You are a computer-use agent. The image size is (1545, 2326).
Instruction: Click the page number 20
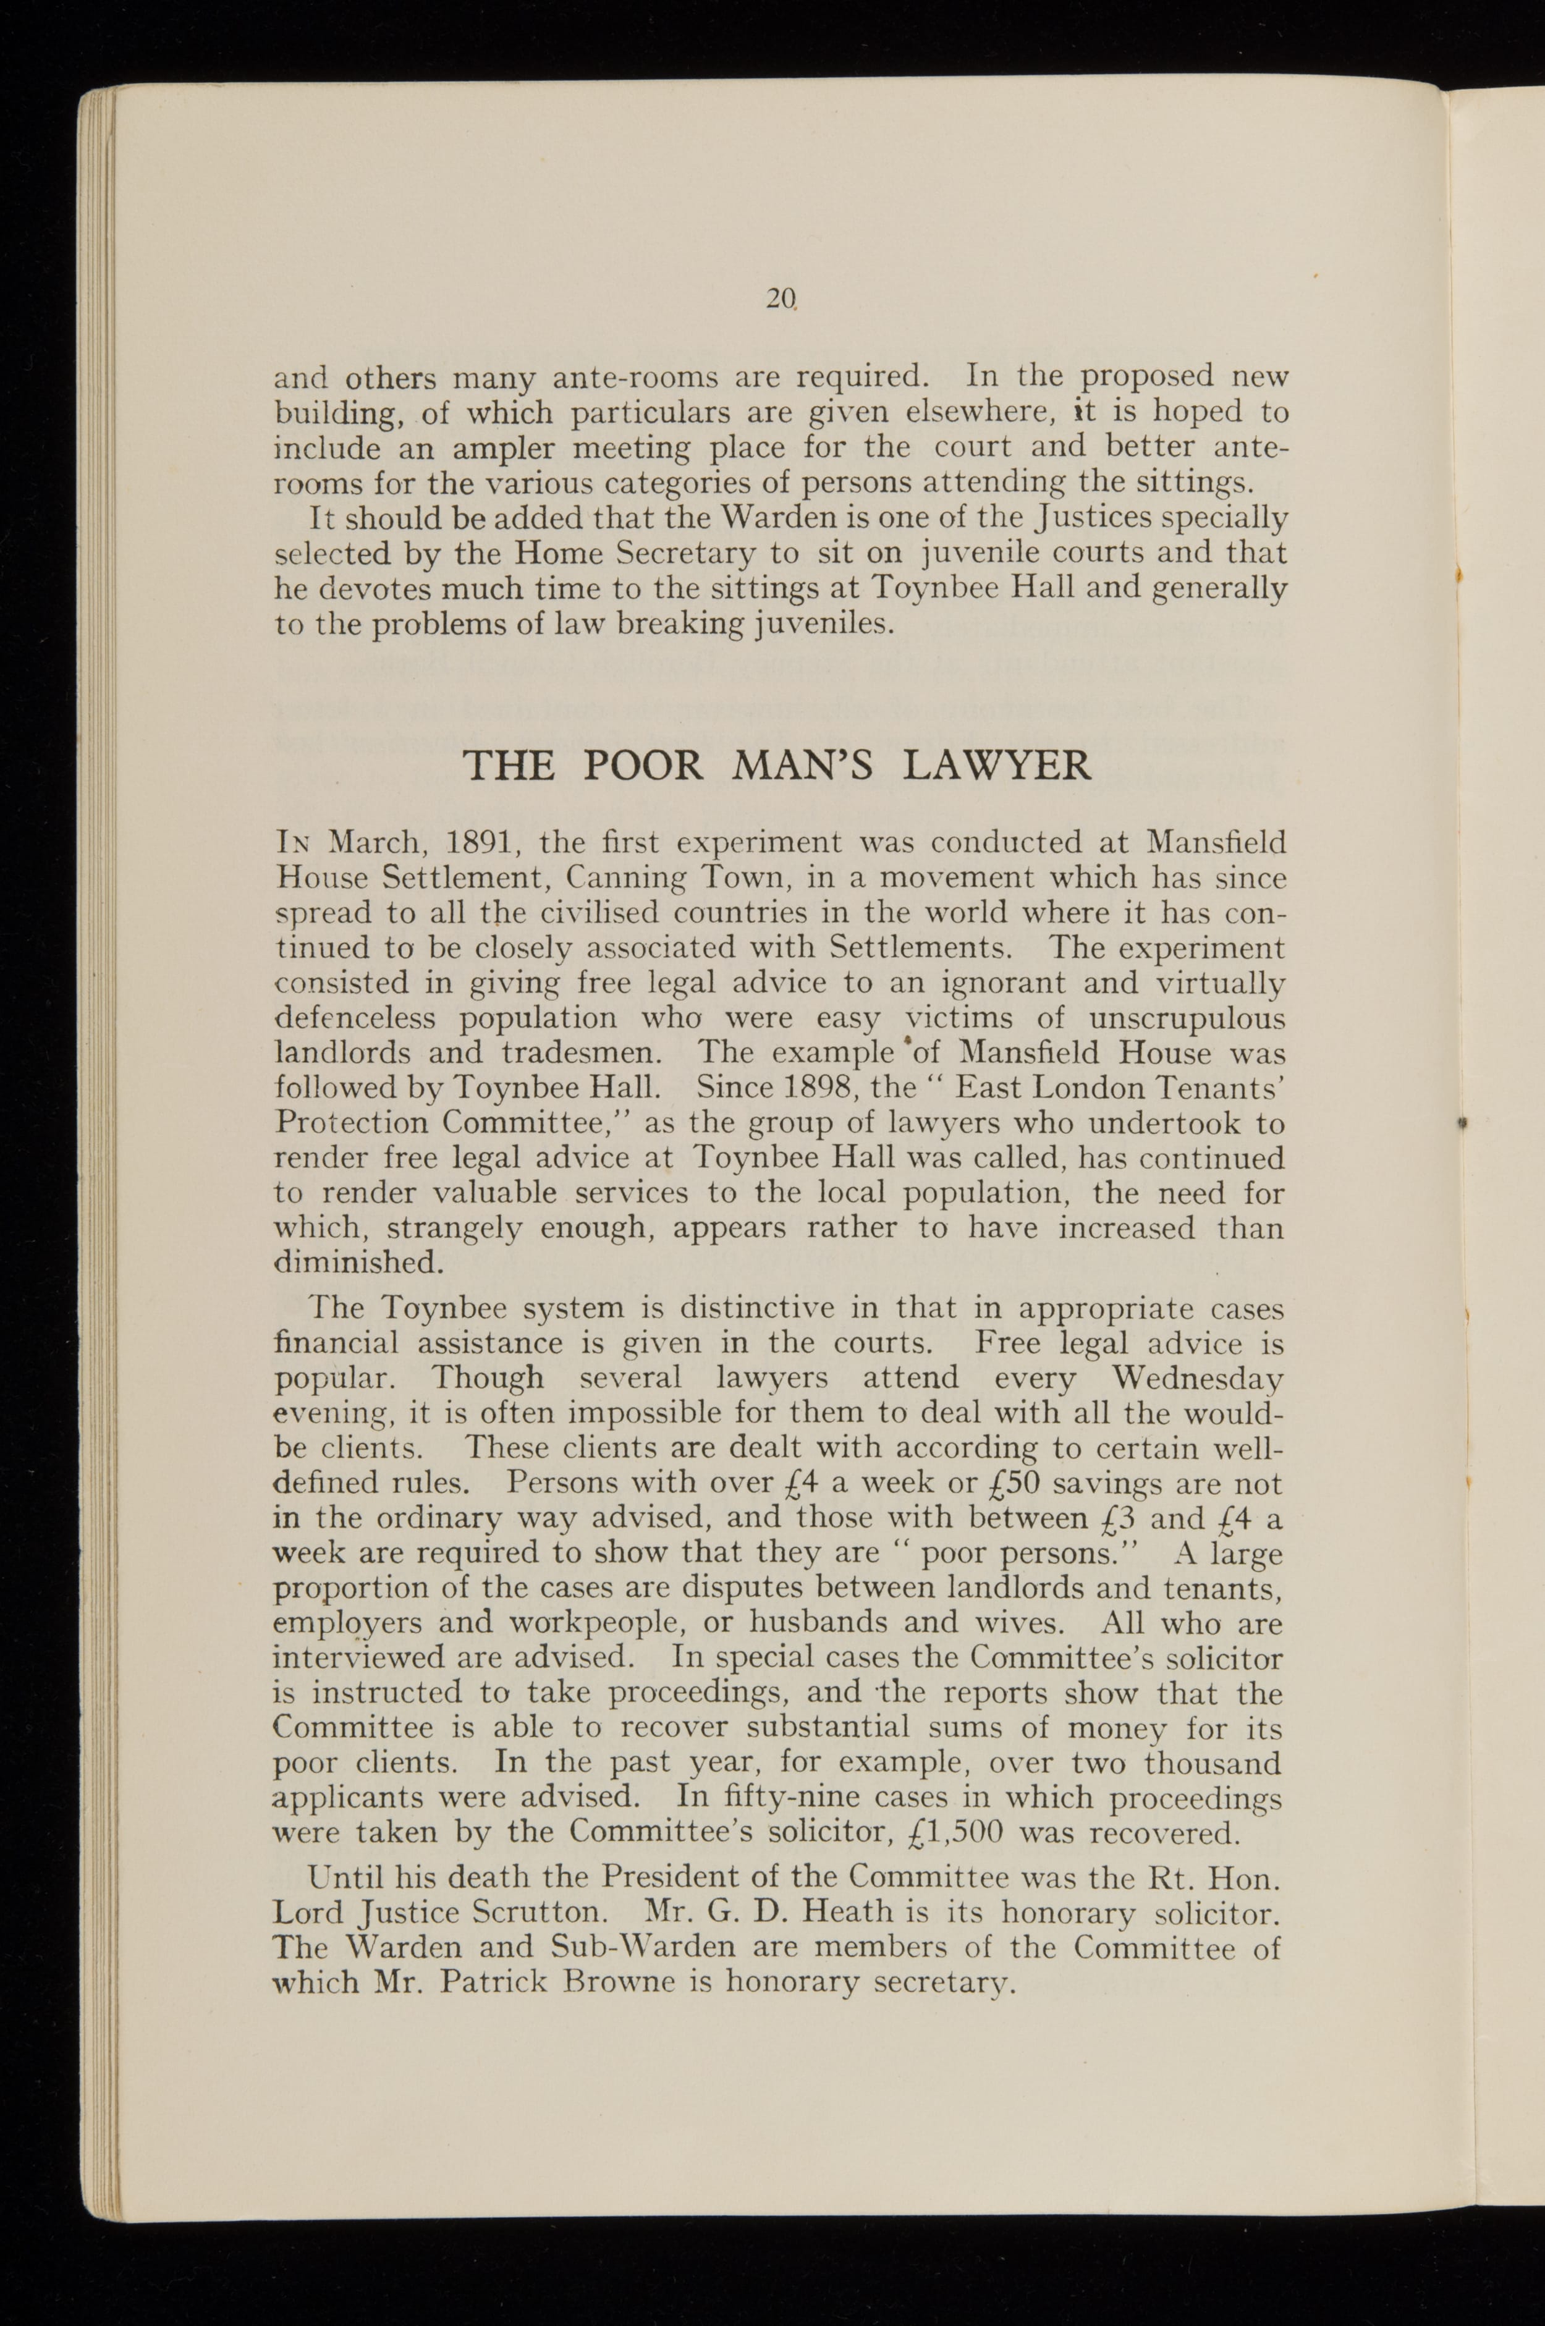(779, 297)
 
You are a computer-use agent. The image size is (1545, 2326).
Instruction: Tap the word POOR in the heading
(641, 766)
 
